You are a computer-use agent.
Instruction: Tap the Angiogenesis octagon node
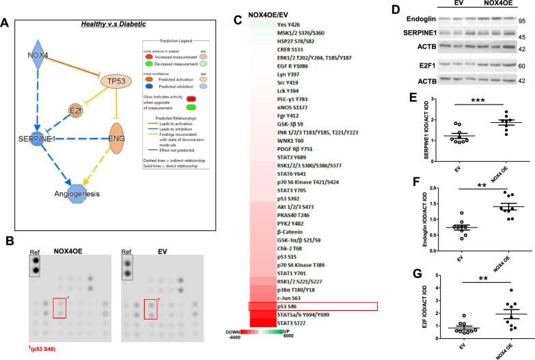pos(80,195)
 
